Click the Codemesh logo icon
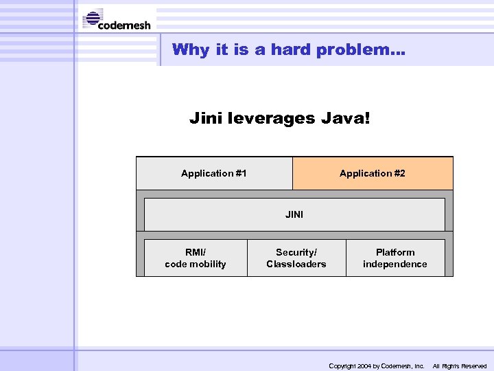pos(92,19)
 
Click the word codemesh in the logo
pos(124,25)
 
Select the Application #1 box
pos(214,173)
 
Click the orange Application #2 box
pos(373,173)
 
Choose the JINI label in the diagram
pos(294,214)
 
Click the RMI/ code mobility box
pos(196,258)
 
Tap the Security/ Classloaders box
pos(296,258)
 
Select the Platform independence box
pos(395,258)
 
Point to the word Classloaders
pos(296,265)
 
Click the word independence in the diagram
pos(395,265)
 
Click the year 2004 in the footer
pos(364,366)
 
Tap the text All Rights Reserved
pos(460,366)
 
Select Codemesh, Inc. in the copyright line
pos(403,366)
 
